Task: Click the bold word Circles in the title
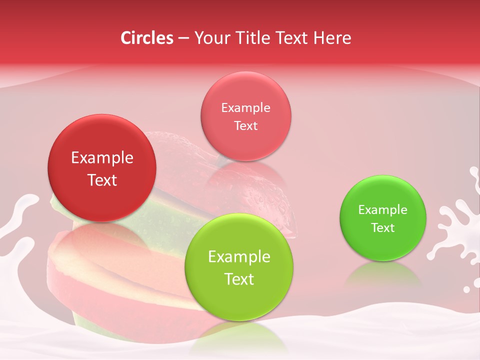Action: click(146, 38)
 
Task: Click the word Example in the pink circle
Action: click(245, 108)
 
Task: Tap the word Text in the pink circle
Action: click(245, 125)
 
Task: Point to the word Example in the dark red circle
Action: click(102, 158)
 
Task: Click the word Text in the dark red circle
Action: click(102, 180)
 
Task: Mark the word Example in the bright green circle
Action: click(383, 210)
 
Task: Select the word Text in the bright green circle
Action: click(383, 228)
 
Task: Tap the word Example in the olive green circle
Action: click(239, 257)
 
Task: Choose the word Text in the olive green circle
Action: click(239, 279)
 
